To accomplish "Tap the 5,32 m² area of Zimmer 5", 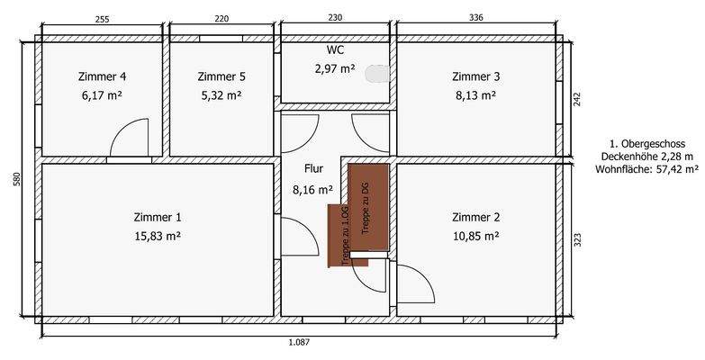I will [x=221, y=94].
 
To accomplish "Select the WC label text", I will [x=334, y=50].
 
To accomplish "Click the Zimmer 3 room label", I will [x=475, y=76].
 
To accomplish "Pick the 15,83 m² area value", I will [x=158, y=236].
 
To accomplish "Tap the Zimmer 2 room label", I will [x=475, y=217].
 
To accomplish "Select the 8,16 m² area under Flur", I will [x=312, y=190].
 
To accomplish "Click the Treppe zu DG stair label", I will [x=366, y=208].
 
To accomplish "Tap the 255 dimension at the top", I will [x=102, y=18].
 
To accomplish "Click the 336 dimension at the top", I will [x=476, y=18].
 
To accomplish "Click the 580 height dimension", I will [x=15, y=179].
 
